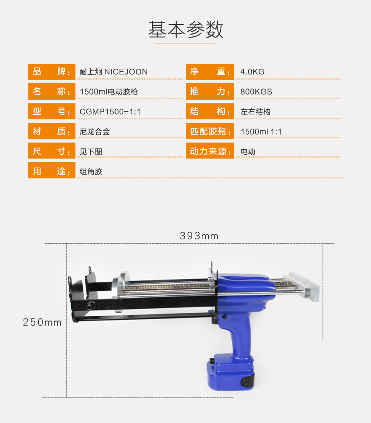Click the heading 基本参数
pyautogui.click(x=185, y=30)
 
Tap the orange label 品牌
pyautogui.click(x=51, y=72)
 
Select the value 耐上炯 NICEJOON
pyautogui.click(x=113, y=72)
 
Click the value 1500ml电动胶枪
pyautogui.click(x=109, y=92)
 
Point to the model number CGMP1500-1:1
pyautogui.click(x=110, y=112)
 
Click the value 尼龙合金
pyautogui.click(x=94, y=132)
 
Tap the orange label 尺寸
pyautogui.click(x=51, y=151)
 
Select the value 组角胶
pyautogui.click(x=91, y=172)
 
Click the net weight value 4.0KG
pyautogui.click(x=253, y=72)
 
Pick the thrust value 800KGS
pyautogui.click(x=256, y=92)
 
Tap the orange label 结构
pyautogui.click(x=210, y=111)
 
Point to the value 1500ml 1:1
pyautogui.click(x=261, y=132)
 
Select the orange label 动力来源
pyautogui.click(x=210, y=151)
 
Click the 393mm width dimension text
pyautogui.click(x=199, y=236)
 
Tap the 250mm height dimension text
pyautogui.click(x=42, y=322)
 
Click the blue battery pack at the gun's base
pyautogui.click(x=231, y=374)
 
